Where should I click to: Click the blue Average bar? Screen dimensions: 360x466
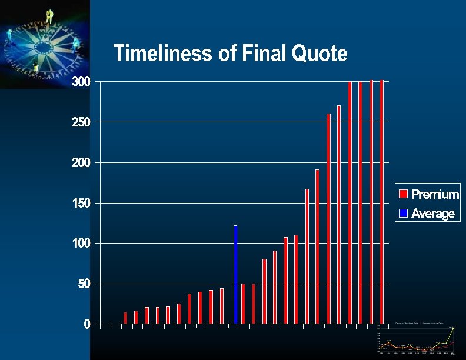click(235, 274)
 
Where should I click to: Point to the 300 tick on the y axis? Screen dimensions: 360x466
click(81, 82)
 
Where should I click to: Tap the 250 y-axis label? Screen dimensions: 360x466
click(81, 122)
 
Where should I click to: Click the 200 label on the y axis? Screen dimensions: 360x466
click(81, 162)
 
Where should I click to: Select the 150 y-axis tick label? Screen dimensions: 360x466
click(81, 204)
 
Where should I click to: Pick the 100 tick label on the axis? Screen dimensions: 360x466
click(81, 244)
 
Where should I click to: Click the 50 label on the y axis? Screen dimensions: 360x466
click(85, 284)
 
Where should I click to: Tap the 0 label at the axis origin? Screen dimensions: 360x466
click(87, 324)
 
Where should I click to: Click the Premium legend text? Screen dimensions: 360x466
click(435, 194)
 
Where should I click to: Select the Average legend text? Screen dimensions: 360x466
click(433, 214)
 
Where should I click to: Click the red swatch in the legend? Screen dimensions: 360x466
click(403, 194)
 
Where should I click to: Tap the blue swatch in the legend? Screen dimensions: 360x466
click(403, 214)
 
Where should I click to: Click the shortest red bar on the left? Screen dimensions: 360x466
click(125, 318)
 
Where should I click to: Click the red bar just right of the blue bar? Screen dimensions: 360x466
click(243, 304)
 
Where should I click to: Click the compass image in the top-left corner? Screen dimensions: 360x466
click(45, 44)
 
